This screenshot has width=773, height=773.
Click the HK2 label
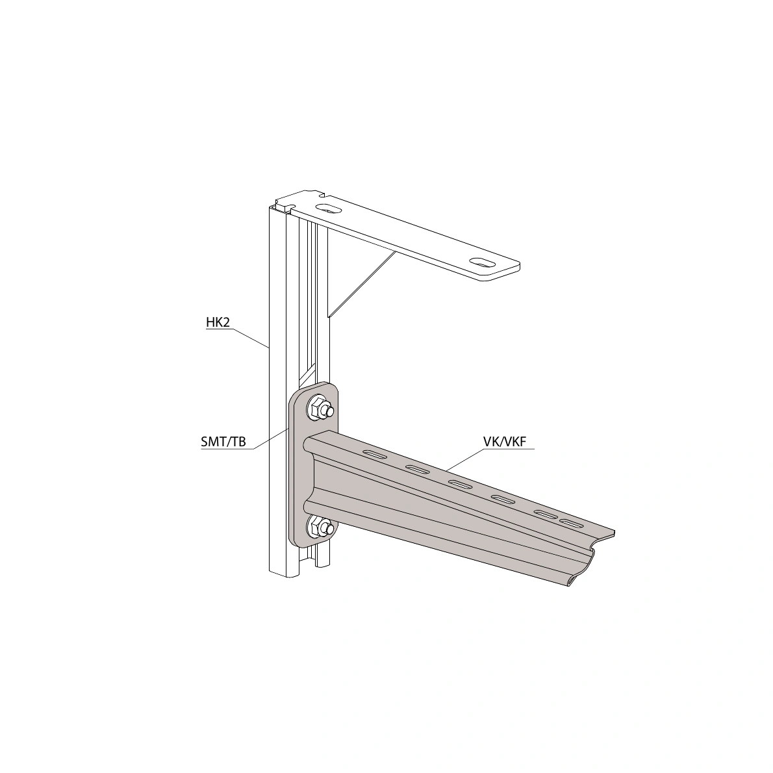[x=218, y=322]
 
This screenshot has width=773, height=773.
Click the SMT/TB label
[x=223, y=441]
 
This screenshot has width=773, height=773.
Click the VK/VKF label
[x=505, y=441]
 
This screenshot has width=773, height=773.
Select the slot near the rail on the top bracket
[x=328, y=209]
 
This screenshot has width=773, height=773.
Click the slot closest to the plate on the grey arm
[x=376, y=453]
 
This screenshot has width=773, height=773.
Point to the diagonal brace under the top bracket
[x=362, y=284]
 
